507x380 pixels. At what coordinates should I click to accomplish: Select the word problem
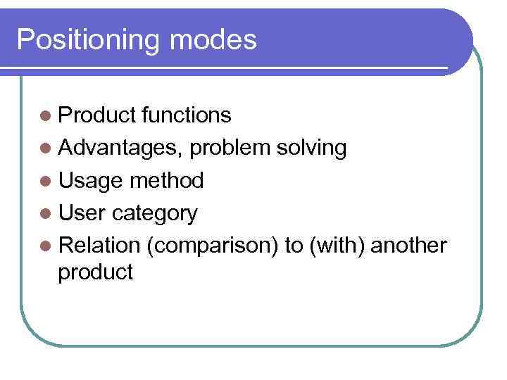[x=230, y=148]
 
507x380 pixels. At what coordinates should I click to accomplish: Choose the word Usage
[x=90, y=182]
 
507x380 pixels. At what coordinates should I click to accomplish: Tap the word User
[x=82, y=213]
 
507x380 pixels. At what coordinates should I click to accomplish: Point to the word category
[x=155, y=214]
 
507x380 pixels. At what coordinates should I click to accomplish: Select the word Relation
[x=100, y=245]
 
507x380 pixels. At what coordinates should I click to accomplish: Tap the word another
[x=408, y=245]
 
